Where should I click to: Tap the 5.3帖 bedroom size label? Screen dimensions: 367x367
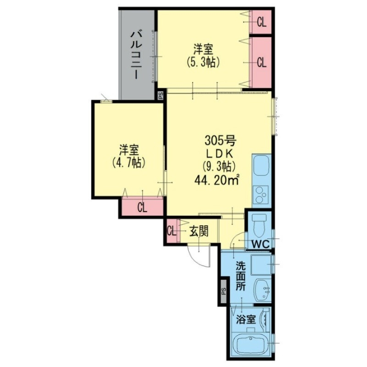pyautogui.click(x=201, y=62)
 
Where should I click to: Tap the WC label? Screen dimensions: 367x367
pyautogui.click(x=260, y=244)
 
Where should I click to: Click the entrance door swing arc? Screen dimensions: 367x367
pyautogui.click(x=200, y=258)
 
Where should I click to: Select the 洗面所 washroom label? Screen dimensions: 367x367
pyautogui.click(x=240, y=276)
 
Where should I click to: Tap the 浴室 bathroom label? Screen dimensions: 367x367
pyautogui.click(x=246, y=319)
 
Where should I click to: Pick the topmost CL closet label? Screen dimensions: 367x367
pyautogui.click(x=261, y=22)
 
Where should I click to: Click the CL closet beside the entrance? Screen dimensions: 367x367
pyautogui.click(x=171, y=231)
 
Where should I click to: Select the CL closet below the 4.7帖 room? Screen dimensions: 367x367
pyautogui.click(x=142, y=207)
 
